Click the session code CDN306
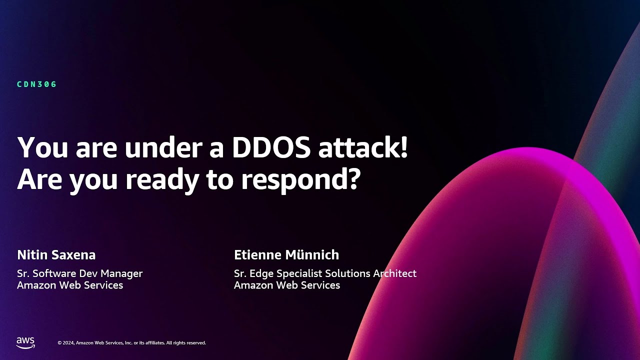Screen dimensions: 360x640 (37, 84)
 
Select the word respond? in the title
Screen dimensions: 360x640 (300, 180)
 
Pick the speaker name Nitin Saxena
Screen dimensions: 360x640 (56, 255)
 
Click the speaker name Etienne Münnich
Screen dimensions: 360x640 (286, 255)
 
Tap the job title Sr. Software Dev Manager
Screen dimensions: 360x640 (80, 273)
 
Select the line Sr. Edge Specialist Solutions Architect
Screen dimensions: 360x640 (325, 273)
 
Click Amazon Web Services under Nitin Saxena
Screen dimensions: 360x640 (70, 285)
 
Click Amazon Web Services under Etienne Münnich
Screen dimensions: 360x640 (287, 285)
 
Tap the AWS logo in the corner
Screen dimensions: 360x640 (25, 342)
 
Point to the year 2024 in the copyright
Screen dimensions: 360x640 (69, 343)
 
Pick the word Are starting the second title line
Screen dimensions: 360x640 (39, 180)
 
